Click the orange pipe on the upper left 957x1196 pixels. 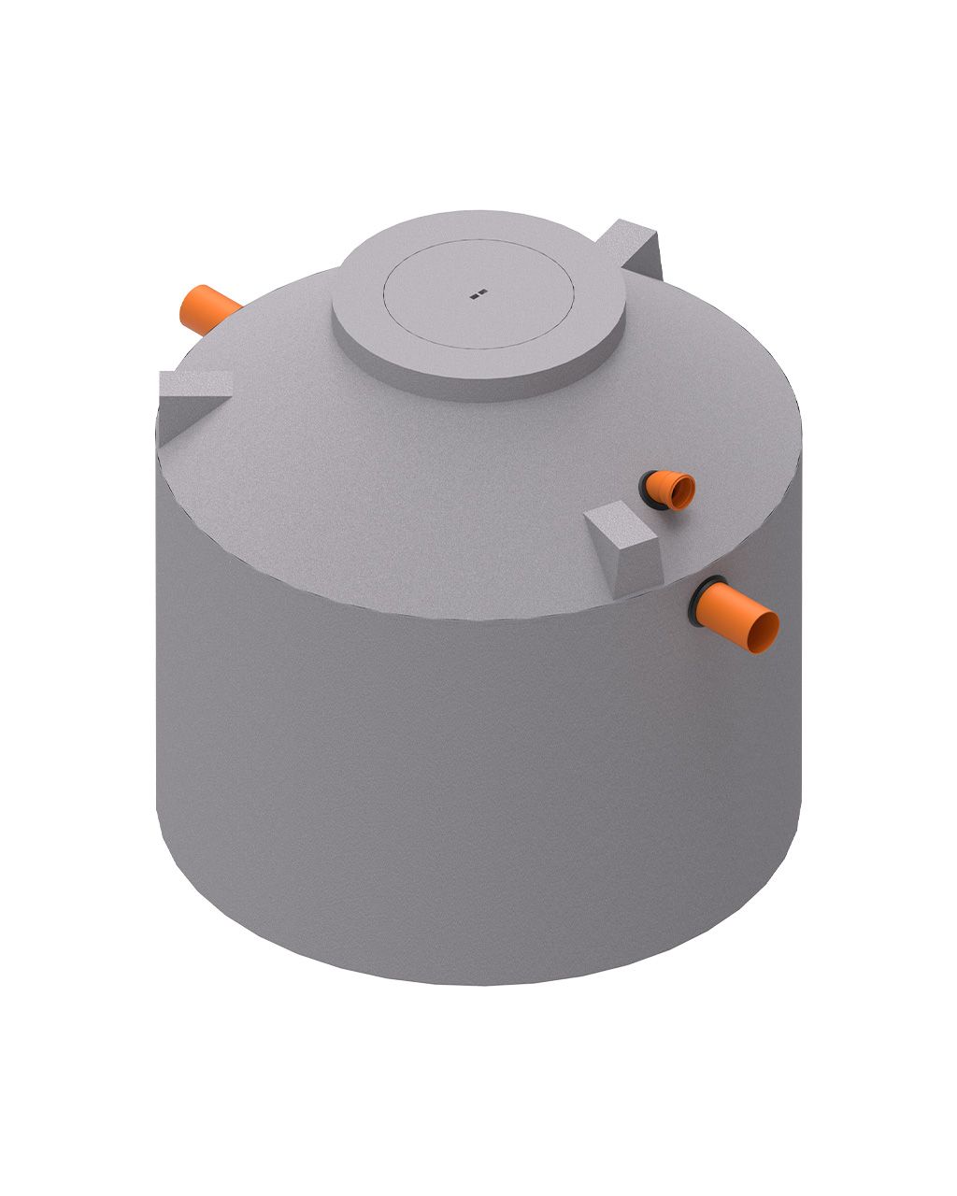(x=210, y=310)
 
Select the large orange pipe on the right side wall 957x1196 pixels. (x=743, y=618)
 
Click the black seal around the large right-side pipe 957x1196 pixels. (x=702, y=601)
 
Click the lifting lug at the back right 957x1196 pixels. (x=631, y=248)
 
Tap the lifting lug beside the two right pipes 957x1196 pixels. (x=624, y=547)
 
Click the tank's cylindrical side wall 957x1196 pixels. (x=467, y=794)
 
